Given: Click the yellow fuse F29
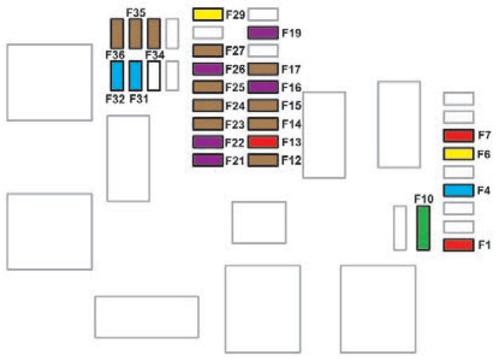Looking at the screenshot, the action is coord(208,14).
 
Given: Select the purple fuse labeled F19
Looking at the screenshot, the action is coord(263,33).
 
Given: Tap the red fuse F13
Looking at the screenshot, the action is coord(263,142).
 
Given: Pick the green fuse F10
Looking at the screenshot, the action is coord(423,228).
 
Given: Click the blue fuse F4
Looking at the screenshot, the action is coord(458,191).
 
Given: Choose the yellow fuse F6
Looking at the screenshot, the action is coord(458,154).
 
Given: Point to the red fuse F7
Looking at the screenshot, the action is coord(458,135).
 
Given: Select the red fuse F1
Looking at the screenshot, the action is coord(458,245).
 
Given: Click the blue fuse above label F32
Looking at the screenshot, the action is coord(117,76).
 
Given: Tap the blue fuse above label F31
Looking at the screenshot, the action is coord(135,76).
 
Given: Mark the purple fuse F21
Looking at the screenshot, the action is coord(208,160).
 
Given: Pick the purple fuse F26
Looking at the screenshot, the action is coord(208,69).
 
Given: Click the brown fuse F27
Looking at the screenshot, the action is coord(208,51).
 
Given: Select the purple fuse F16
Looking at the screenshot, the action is coord(263,87).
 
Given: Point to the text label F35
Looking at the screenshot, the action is coord(136,13).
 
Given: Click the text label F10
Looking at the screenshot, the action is coord(424,199).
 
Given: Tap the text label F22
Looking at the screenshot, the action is coord(235,143).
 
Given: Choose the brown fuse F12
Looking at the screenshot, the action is coord(263,160).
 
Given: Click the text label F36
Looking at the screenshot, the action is coord(115,55).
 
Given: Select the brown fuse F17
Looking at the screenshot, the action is coord(263,69).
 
